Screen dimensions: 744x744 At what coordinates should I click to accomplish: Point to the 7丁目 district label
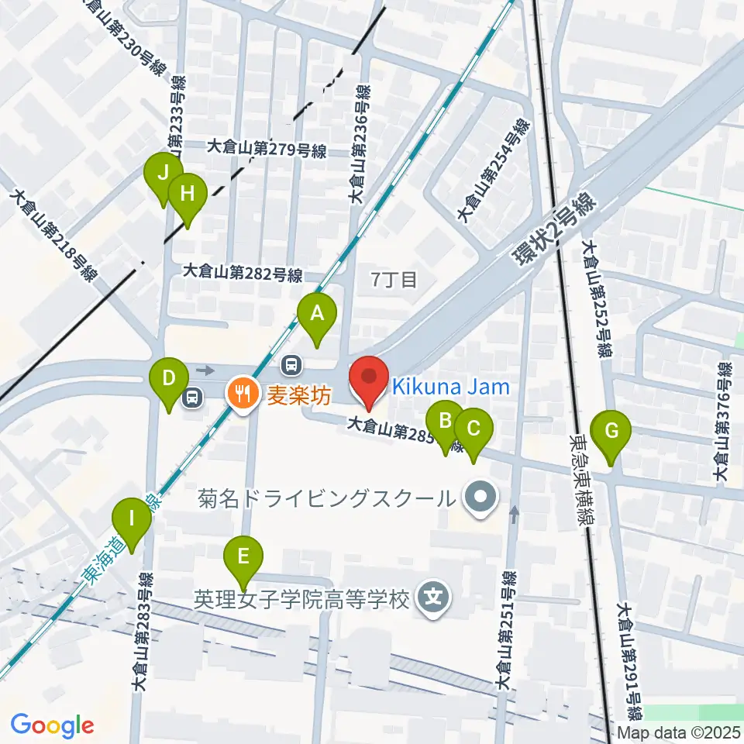[x=394, y=279]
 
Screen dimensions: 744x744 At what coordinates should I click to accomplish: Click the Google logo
[x=53, y=725]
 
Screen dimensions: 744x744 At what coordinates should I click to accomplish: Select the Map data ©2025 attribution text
[x=679, y=732]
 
